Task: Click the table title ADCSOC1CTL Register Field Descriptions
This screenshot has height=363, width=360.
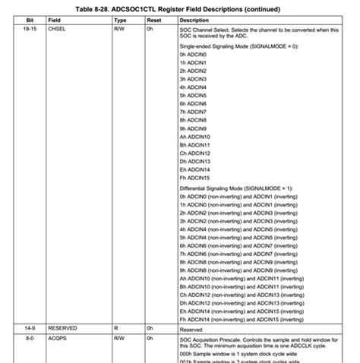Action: [x=179, y=8]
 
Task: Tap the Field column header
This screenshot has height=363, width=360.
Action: [x=56, y=20]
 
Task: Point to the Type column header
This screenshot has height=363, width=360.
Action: [x=119, y=20]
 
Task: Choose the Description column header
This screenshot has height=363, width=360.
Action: [x=194, y=20]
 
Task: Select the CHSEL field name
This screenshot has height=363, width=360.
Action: [x=58, y=29]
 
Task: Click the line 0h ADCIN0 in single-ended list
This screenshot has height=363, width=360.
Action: [x=196, y=55]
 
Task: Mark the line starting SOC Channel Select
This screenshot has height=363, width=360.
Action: [x=258, y=29]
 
